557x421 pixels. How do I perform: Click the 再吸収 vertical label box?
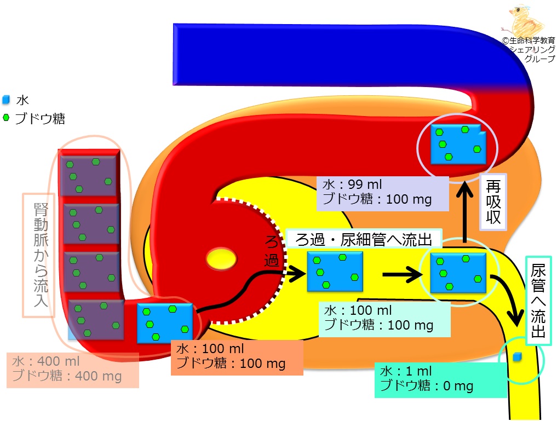[x=493, y=202]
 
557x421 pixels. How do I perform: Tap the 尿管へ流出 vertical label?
[x=538, y=301]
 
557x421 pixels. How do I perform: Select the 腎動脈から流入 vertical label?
[x=39, y=255]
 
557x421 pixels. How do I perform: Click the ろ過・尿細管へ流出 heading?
[x=364, y=239]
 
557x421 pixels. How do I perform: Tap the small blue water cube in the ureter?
[x=517, y=357]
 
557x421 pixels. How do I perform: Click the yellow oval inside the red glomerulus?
[x=221, y=258]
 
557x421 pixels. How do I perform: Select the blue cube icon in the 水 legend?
[x=6, y=100]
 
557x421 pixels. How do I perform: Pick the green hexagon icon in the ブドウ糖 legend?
[x=5, y=118]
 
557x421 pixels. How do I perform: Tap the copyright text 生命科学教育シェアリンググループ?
[x=531, y=50]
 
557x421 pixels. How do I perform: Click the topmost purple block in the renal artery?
[x=89, y=175]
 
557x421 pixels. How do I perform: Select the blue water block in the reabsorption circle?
[x=458, y=144]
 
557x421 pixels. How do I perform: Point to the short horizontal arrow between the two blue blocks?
[x=403, y=274]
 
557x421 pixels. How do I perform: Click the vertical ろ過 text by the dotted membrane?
[x=272, y=251]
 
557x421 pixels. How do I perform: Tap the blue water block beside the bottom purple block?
[x=165, y=324]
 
